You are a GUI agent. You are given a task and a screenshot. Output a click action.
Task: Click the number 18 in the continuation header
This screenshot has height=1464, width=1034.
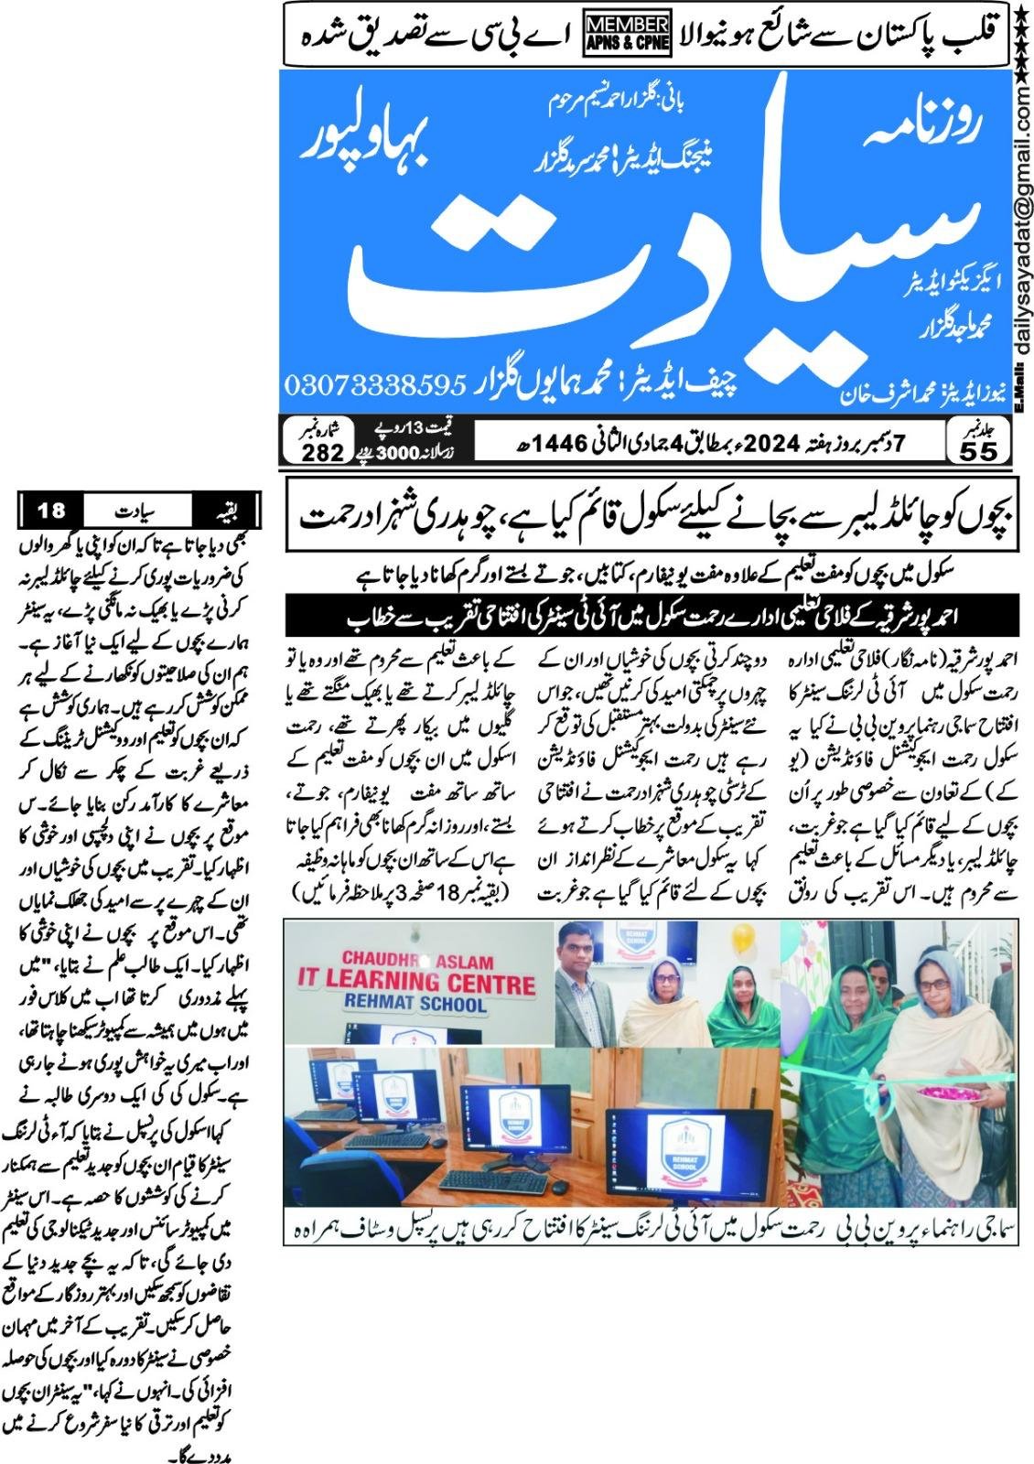coord(52,509)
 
